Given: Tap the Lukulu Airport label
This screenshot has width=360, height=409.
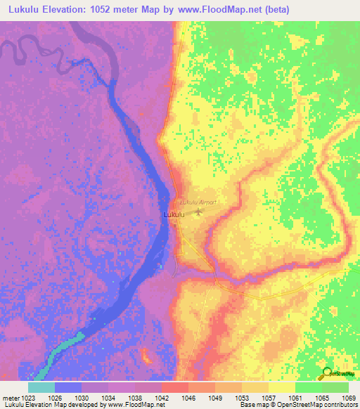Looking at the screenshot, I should click(x=198, y=202).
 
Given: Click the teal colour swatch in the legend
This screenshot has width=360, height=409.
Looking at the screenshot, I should click(x=41, y=387).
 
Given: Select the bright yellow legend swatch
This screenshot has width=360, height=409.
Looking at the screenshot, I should click(x=282, y=387).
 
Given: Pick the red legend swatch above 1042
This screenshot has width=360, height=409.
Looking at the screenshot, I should click(x=175, y=387).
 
